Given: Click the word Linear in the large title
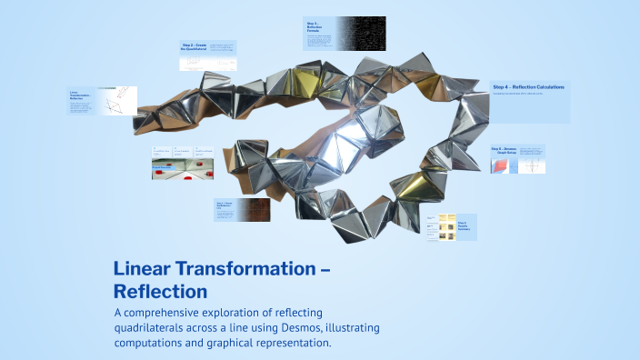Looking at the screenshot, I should tap(140, 269).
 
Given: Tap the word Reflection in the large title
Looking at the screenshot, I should tap(160, 292).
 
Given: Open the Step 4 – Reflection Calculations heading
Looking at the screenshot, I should tap(528, 86).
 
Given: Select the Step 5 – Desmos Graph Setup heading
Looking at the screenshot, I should tap(504, 149).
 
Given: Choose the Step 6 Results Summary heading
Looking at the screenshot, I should tap(464, 225).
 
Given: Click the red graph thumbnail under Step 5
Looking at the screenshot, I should tap(504, 165).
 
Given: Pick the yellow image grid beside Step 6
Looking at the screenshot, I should tap(446, 226).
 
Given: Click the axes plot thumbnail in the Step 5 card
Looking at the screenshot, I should tap(532, 165).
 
